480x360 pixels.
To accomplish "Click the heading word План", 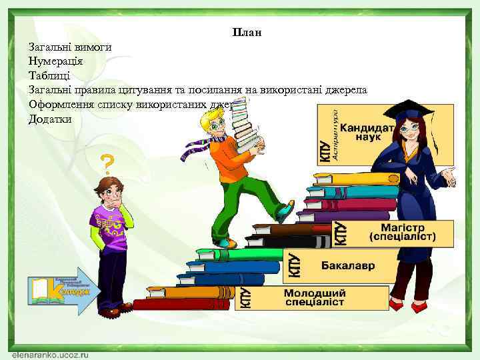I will [x=247, y=32].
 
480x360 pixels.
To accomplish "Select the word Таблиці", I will [x=50, y=75].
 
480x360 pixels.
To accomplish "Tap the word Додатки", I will [x=50, y=119].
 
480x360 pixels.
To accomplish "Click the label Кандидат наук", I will [x=367, y=133].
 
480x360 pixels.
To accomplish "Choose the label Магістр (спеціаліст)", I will [x=403, y=231].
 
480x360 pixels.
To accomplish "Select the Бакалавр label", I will [x=348, y=265].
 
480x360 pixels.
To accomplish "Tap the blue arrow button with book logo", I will [x=65, y=290].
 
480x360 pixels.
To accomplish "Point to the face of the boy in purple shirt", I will [x=109, y=193].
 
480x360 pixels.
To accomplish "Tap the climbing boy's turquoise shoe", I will [x=285, y=211].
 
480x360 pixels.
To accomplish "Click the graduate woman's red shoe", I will [x=397, y=305].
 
